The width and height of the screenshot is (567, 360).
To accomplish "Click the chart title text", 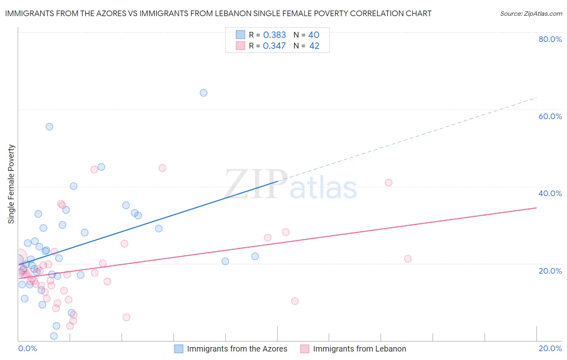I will click(218, 13).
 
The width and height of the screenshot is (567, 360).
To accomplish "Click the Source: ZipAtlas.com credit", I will click(531, 13).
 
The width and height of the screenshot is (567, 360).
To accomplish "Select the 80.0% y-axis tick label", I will click(550, 39).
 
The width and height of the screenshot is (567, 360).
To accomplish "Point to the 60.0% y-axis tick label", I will click(550, 116).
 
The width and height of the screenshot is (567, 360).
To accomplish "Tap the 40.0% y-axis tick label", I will click(550, 193).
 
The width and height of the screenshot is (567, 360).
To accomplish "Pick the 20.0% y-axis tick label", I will click(550, 271).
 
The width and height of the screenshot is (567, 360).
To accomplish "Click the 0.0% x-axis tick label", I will click(27, 348).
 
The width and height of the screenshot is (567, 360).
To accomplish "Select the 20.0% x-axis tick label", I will click(550, 348).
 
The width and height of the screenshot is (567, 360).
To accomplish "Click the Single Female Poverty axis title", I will click(11, 184).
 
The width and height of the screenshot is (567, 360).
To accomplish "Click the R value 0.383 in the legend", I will click(274, 35).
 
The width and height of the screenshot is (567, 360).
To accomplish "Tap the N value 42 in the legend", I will click(314, 46).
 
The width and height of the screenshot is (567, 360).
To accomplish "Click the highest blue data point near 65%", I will click(204, 93).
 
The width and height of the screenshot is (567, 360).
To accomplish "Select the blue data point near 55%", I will click(49, 127).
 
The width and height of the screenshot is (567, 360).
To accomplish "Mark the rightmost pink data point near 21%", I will click(408, 259).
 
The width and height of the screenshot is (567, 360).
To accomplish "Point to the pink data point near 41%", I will click(388, 182).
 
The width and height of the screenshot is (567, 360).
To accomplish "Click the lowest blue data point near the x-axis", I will click(54, 336).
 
